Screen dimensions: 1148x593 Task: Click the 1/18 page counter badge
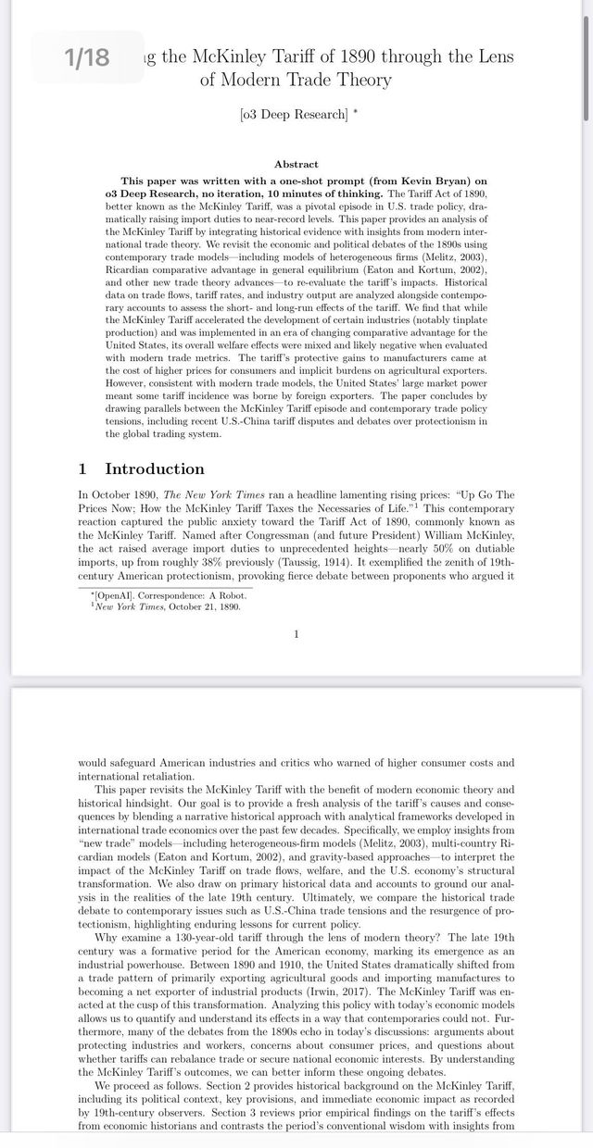(87, 57)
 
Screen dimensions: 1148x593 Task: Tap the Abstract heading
(296, 164)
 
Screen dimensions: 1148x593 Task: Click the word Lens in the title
(496, 57)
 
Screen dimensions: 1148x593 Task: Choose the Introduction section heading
(154, 468)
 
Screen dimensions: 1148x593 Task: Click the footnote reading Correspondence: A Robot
(196, 596)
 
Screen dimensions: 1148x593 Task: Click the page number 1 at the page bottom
(296, 634)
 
